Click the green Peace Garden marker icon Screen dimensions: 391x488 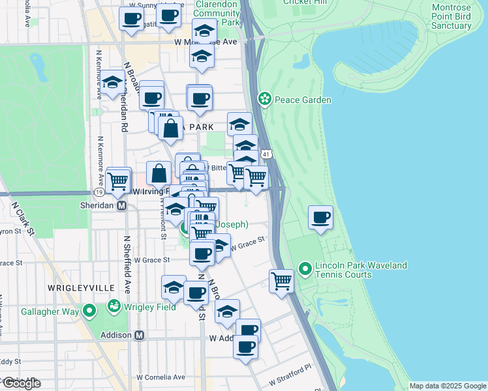coord(265,100)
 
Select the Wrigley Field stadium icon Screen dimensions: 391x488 coord(114,306)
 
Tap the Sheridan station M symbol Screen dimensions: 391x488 coord(121,205)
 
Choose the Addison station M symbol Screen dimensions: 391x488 coord(138,335)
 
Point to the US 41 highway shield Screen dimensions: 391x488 coord(265,154)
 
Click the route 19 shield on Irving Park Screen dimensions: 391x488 coord(99,193)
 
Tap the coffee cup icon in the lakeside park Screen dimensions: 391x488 coord(320,218)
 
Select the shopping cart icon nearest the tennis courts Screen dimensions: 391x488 coord(281,282)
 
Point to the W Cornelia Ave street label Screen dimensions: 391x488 coord(160,377)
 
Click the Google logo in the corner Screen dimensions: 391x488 coord(21,383)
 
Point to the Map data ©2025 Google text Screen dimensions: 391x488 coord(448,386)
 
